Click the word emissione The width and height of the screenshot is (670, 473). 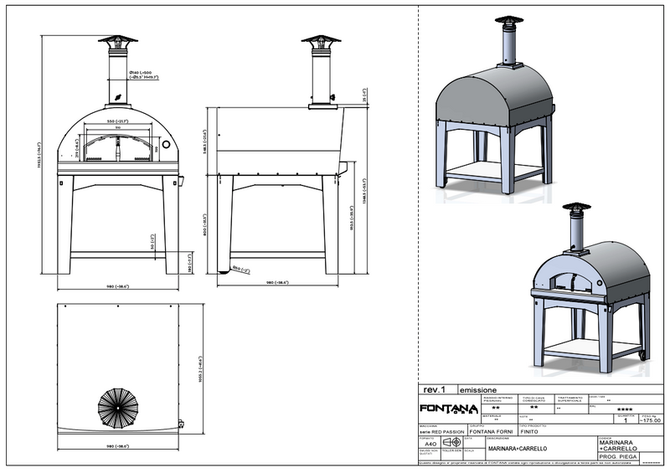pyautogui.click(x=478, y=389)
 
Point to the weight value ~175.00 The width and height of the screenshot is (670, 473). pyautogui.click(x=650, y=420)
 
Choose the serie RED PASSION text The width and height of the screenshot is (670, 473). pyautogui.click(x=440, y=431)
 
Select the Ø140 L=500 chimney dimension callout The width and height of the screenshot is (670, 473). pyautogui.click(x=144, y=75)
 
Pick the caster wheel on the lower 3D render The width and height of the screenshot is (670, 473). pyautogui.click(x=643, y=355)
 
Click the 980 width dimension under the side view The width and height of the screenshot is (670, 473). pyautogui.click(x=277, y=283)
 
